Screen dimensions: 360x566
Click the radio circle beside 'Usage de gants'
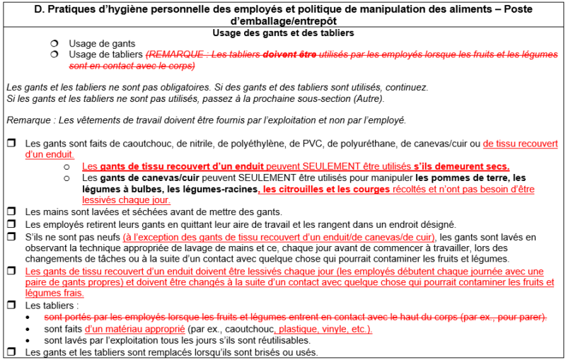coord(54,44)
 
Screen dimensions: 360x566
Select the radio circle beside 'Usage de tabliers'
coord(54,54)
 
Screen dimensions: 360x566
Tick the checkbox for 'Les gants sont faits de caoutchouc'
coord(11,144)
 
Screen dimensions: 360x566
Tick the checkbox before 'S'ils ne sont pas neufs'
coord(11,236)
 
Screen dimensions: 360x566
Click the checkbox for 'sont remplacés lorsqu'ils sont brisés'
coord(11,352)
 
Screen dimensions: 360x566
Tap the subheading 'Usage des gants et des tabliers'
coord(283,33)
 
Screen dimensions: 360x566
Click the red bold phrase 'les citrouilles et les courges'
coord(326,190)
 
